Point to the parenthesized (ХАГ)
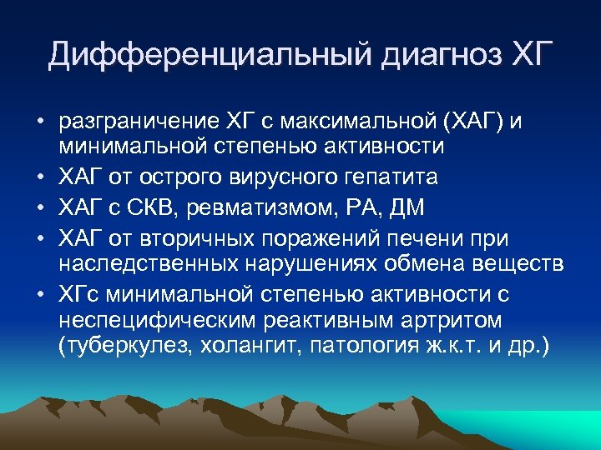[468, 123]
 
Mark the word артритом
[440, 321]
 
